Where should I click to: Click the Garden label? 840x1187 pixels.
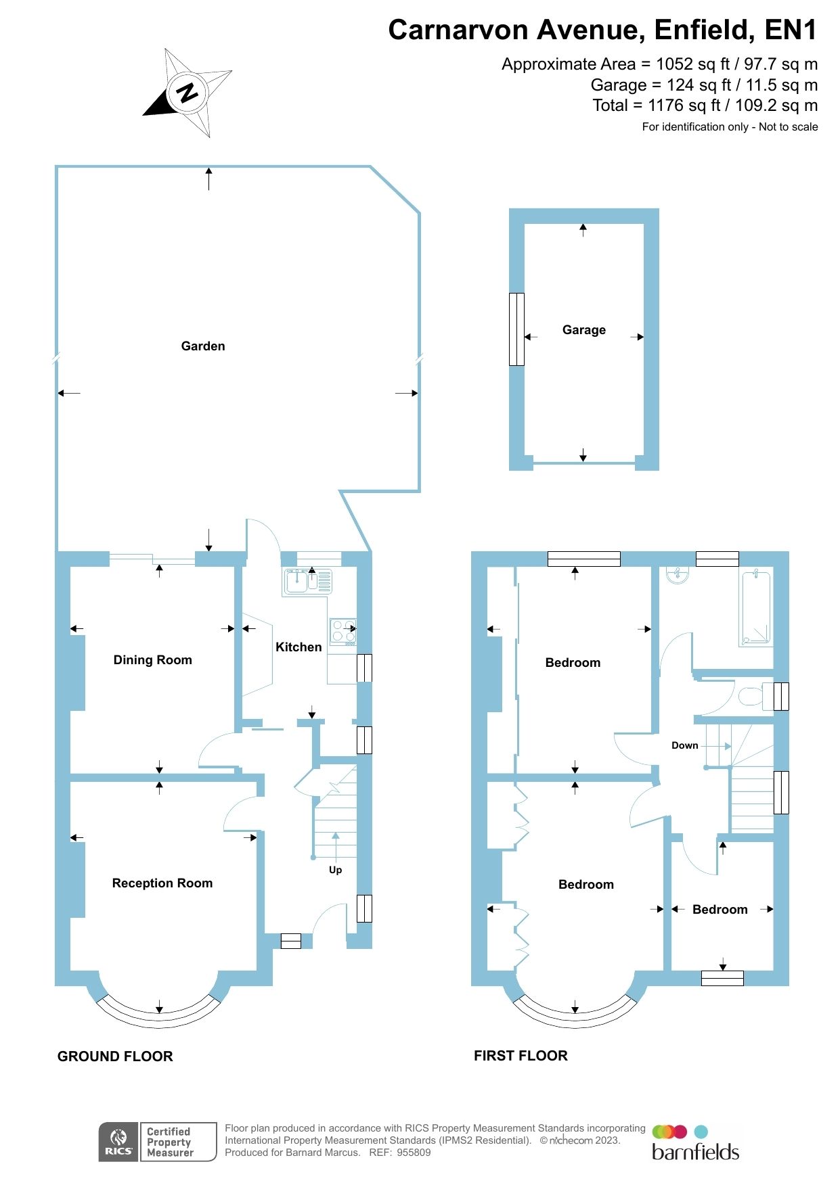tap(203, 346)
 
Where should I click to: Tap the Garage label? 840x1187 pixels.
tap(583, 330)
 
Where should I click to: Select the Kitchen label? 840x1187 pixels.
tap(299, 647)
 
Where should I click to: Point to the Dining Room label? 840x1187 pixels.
tap(152, 660)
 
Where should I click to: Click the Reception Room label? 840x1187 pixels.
tap(162, 883)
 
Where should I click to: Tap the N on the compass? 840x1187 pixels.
tap(187, 92)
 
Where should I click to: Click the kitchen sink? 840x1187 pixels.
tap(296, 581)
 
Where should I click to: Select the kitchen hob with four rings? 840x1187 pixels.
tap(342, 631)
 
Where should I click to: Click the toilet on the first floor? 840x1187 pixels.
tap(750, 696)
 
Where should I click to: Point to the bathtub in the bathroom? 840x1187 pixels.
tap(756, 608)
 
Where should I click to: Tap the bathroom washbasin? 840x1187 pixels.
tap(678, 574)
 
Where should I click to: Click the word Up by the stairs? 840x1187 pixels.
tap(335, 870)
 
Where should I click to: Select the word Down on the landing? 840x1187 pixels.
tap(684, 745)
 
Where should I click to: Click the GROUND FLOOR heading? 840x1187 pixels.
tap(115, 1056)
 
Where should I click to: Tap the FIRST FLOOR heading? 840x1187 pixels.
tap(521, 1056)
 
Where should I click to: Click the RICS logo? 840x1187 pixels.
tap(118, 1142)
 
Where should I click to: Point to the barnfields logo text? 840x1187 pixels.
tap(695, 1152)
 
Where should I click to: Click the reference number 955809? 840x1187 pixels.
tap(414, 1153)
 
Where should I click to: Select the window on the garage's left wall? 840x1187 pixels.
tap(516, 329)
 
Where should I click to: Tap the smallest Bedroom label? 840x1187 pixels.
tap(720, 910)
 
